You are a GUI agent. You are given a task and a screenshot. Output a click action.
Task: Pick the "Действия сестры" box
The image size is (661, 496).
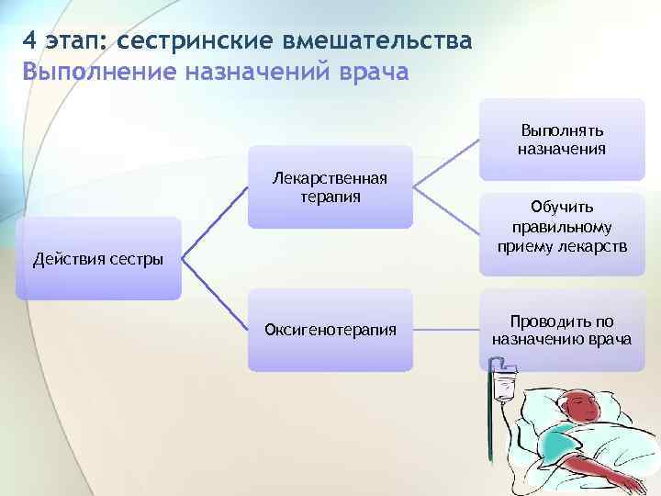tap(98, 258)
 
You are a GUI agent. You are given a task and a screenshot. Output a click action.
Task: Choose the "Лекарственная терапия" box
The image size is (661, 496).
tap(330, 186)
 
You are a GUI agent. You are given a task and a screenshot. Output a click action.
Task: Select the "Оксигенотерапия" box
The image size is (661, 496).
tap(330, 330)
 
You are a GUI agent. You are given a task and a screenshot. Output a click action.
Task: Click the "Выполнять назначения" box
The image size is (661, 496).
tap(561, 139)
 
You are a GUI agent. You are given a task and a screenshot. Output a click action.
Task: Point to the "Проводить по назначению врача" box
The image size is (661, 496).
tap(561, 330)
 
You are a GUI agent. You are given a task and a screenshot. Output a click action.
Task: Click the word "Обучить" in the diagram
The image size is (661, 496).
tap(561, 208)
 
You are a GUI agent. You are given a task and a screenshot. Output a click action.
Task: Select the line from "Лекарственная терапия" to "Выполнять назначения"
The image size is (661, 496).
tap(446, 163)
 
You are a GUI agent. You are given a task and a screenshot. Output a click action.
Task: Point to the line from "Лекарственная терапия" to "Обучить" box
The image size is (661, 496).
tap(446, 208)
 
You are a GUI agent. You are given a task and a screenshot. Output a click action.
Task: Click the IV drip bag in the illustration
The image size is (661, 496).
tap(503, 384)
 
